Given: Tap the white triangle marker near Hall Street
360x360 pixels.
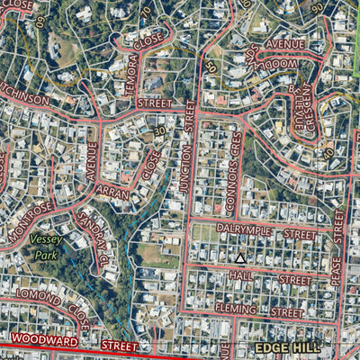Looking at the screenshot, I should [x=240, y=258].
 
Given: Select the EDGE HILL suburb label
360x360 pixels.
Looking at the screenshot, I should [x=287, y=347].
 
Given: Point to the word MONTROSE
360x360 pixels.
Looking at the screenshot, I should [x=32, y=221].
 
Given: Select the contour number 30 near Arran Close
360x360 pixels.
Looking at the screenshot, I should [x=158, y=131].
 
